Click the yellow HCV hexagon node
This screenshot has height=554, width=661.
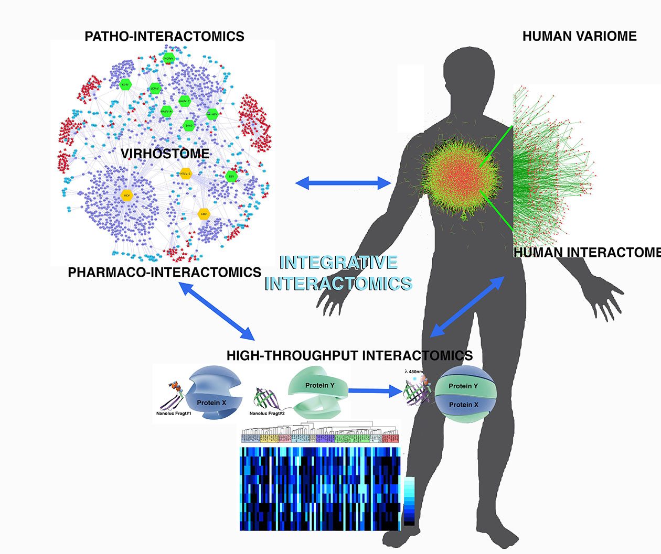(x=126, y=195)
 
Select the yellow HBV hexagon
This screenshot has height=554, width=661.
(x=204, y=214)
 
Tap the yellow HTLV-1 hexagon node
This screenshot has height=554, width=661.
(x=185, y=173)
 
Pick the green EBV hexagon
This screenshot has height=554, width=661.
(x=231, y=177)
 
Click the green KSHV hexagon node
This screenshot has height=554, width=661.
(x=125, y=85)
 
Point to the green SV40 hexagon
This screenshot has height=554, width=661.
(x=188, y=125)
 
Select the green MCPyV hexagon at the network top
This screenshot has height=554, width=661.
(x=168, y=58)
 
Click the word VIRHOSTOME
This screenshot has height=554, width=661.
(x=165, y=154)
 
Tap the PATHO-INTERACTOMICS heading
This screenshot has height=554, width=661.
(x=164, y=36)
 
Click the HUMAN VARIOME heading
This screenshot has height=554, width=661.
(x=579, y=36)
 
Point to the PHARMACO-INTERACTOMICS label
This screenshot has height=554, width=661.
(x=164, y=273)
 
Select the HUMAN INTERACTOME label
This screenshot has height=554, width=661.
(x=587, y=253)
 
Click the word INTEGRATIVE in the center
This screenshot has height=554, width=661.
(x=338, y=262)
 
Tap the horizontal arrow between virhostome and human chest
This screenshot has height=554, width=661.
(x=344, y=183)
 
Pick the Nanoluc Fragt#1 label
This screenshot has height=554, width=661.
(x=176, y=413)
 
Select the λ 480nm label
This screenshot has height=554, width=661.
(x=413, y=372)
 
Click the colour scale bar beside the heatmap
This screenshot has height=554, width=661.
(x=409, y=501)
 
